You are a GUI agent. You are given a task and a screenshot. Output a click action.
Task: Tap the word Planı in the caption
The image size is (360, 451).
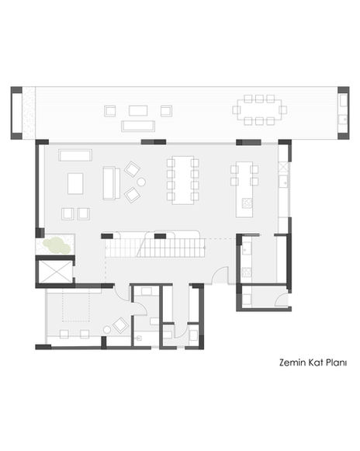336,363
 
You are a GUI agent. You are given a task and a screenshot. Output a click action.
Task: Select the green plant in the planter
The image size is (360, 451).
57,245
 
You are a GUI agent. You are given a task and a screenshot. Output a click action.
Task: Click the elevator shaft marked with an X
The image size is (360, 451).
54,272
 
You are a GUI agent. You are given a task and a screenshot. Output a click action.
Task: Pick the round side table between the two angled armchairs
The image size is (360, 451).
141,182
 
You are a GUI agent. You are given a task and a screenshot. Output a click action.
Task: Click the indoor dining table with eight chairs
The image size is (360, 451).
183,180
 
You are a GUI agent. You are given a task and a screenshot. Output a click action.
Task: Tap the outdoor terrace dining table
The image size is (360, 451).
260,110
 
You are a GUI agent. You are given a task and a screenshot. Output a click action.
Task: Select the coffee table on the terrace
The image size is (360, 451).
138,111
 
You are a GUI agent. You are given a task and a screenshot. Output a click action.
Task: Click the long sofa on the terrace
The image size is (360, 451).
138,126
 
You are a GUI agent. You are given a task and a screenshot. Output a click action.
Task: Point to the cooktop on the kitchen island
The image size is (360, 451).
247,203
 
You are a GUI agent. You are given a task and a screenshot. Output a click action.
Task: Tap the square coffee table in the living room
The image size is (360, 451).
75,183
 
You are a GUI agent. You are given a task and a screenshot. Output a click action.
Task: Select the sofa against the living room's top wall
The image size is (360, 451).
75,155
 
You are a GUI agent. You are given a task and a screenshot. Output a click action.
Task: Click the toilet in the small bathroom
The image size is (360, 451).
139,338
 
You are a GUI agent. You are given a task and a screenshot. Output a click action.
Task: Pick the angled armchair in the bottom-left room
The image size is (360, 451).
120,325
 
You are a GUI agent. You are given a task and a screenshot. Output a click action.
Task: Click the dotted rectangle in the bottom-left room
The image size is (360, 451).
76,305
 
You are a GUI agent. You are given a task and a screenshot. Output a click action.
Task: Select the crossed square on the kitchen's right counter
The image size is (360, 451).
284,167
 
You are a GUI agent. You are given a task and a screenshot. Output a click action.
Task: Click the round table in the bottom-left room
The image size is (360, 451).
107,330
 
